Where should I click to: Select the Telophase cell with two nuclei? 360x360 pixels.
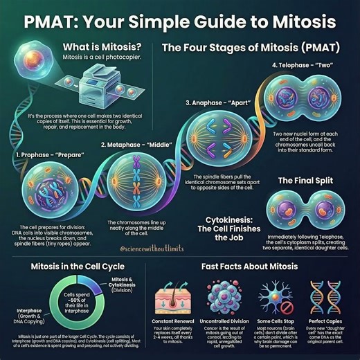pyautogui.click(x=302, y=101)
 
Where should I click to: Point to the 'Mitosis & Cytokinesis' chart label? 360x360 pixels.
pyautogui.click(x=126, y=283)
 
